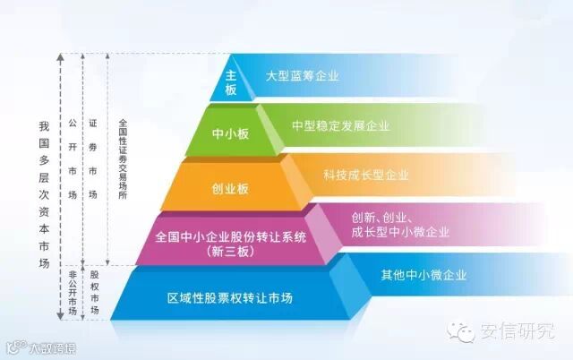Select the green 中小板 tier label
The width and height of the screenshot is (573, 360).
click(x=229, y=133)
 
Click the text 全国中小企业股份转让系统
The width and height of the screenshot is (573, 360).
click(x=231, y=237)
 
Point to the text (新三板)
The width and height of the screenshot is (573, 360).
click(x=231, y=252)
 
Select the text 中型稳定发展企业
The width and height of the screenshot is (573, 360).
click(x=340, y=125)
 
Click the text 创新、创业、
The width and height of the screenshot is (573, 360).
click(x=381, y=219)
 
